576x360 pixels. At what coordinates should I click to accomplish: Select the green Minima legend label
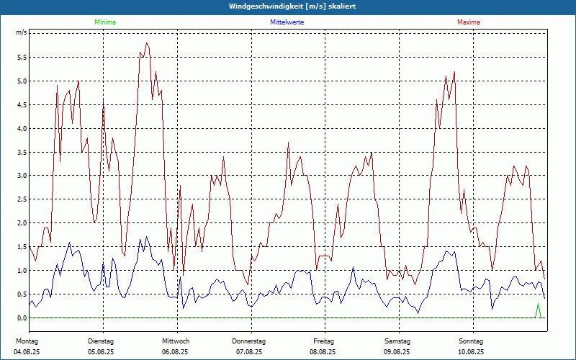pos(104,22)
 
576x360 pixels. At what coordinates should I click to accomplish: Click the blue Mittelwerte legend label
pos(287,22)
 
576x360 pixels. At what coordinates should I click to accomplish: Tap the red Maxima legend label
pos(469,22)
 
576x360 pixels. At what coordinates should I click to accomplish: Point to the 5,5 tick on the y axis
pos(22,57)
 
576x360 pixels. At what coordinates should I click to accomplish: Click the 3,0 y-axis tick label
pos(22,176)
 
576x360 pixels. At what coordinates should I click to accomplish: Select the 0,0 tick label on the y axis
pos(22,318)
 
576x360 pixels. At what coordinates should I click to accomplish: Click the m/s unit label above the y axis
pos(22,33)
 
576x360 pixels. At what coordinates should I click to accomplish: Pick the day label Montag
pos(27,341)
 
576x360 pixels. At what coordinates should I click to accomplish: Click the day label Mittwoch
pos(175,341)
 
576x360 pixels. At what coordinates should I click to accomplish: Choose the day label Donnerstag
pos(249,341)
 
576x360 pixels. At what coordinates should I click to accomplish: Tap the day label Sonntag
pos(471,341)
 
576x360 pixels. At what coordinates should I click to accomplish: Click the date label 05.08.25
pos(101,352)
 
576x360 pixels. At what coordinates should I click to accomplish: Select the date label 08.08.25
pos(323,352)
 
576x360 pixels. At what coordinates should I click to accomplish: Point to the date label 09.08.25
pos(397,352)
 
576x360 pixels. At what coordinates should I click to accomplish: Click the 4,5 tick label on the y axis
pos(22,104)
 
